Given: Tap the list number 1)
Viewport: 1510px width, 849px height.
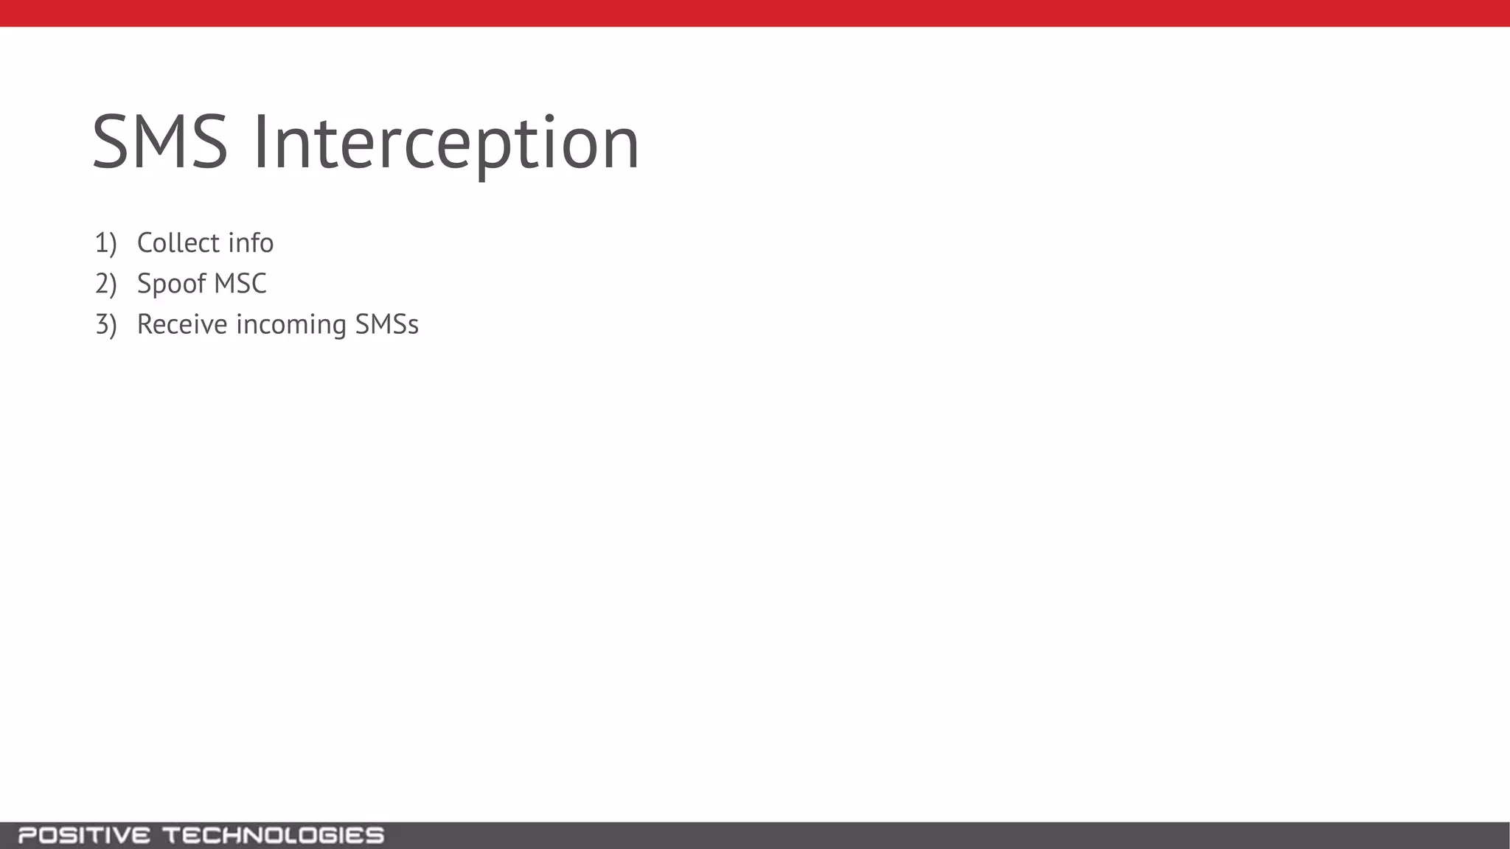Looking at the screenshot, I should [105, 243].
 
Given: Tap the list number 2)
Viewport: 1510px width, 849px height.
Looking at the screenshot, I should [105, 284].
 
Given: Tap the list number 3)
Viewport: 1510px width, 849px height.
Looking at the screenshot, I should [105, 325].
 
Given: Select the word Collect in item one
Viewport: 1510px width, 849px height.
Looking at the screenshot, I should [178, 243].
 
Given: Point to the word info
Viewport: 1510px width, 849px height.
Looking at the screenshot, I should [251, 243].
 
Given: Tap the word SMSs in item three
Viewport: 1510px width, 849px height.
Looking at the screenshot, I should [386, 325].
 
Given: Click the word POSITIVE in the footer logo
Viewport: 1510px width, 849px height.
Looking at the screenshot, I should [84, 836].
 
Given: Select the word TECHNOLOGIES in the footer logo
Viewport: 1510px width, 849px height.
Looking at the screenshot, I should [273, 836].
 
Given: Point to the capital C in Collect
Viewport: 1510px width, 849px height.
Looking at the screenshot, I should [146, 243].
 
